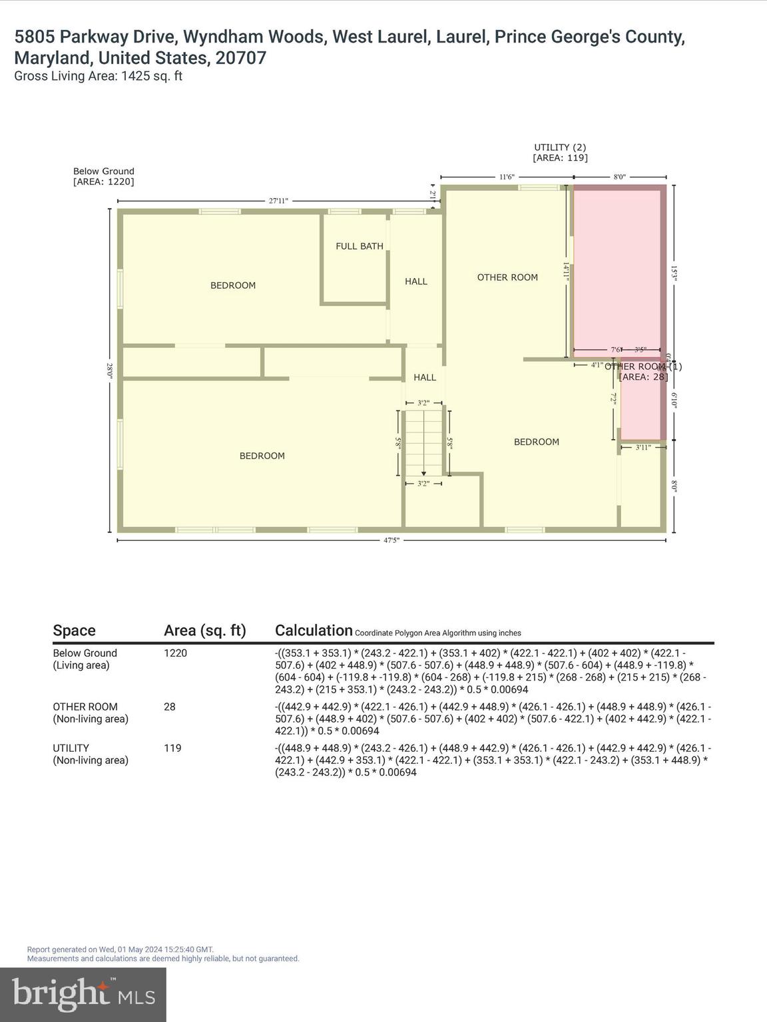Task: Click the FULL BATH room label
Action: (360, 246)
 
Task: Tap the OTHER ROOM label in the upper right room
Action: (507, 277)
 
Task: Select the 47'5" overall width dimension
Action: (391, 540)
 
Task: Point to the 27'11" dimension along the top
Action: (278, 200)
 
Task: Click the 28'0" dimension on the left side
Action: (110, 371)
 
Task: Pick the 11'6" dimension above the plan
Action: (507, 177)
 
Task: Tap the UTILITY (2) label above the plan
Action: (560, 147)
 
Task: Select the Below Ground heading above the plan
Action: (104, 171)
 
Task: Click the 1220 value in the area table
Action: (176, 653)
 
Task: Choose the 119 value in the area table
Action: (172, 748)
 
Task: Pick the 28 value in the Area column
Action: (170, 707)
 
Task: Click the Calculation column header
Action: (314, 630)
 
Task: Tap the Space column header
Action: (74, 630)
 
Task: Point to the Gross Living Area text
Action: (99, 76)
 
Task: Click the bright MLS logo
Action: (83, 994)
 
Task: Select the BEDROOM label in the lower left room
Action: (262, 456)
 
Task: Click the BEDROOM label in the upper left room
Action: (233, 285)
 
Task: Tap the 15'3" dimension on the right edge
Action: (674, 274)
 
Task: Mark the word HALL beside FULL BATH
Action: (416, 281)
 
